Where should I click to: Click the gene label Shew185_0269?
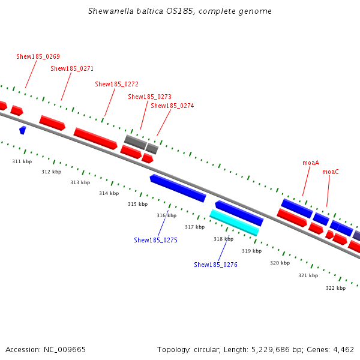[x=38, y=56]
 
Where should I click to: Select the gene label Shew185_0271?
[x=72, y=68]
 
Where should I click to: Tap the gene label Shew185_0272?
[x=116, y=84]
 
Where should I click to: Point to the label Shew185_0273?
[x=149, y=97]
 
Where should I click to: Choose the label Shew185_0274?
[x=172, y=106]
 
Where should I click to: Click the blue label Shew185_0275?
[x=155, y=240]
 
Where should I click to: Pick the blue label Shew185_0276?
[x=215, y=265]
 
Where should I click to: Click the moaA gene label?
[x=311, y=163]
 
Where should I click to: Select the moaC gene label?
[x=330, y=172]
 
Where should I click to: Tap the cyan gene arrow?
[x=234, y=222]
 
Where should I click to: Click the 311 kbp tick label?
[x=22, y=161]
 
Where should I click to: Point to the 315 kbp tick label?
[x=137, y=204]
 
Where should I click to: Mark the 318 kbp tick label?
[x=223, y=239]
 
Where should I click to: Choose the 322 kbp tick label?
[x=335, y=288]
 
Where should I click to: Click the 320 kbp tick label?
[x=280, y=263]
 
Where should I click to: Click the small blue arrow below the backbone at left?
[x=23, y=130]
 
